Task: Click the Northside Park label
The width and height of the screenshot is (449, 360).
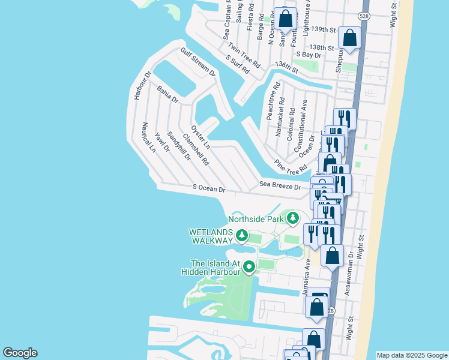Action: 255,218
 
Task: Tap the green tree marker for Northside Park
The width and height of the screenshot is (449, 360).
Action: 293,218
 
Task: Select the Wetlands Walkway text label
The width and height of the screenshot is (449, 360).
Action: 210,236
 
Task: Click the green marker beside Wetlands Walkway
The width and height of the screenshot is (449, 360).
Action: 242,236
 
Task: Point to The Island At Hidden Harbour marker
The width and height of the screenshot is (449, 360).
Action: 249,267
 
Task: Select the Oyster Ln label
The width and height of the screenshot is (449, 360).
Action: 200,137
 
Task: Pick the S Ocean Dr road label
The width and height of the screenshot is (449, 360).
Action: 209,188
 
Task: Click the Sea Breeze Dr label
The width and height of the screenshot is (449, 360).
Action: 280,187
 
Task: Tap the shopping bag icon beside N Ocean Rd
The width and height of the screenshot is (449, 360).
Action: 286,19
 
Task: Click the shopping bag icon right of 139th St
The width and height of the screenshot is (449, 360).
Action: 349,38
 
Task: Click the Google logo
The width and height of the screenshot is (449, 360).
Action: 20,353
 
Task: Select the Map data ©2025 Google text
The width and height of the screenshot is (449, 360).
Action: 412,355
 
